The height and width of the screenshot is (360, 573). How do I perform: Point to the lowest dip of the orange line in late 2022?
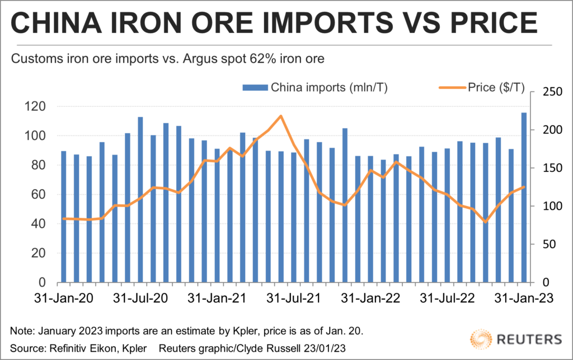[485, 222]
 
